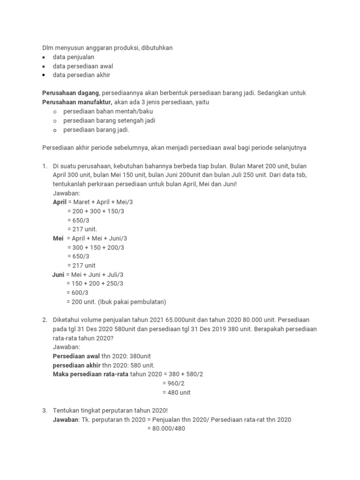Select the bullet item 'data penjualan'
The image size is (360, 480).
(x=74, y=57)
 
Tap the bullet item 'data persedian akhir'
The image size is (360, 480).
(x=82, y=75)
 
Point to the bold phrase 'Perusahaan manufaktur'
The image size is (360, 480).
(x=77, y=102)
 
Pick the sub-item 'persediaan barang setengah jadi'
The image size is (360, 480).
(x=109, y=120)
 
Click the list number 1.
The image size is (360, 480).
(x=45, y=166)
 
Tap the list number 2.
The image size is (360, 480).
(x=45, y=320)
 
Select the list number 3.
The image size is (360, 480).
(x=45, y=411)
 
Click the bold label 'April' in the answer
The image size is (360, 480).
(x=60, y=202)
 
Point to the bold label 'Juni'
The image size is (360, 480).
(x=58, y=275)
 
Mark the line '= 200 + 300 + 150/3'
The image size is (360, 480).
(x=96, y=211)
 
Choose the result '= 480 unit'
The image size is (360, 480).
(x=176, y=392)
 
